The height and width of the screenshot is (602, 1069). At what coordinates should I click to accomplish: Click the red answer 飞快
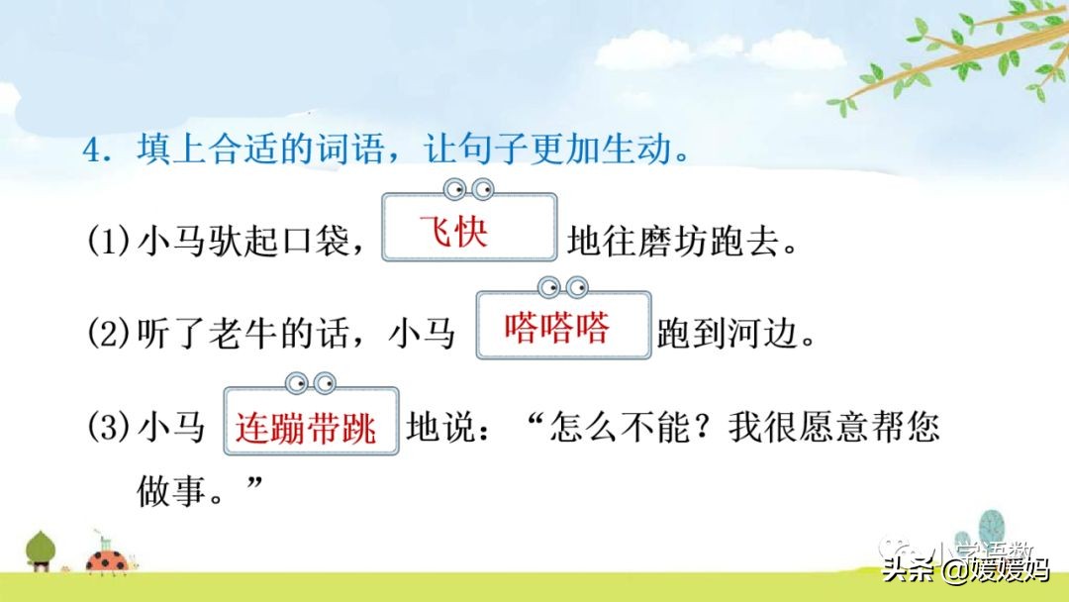coord(453,235)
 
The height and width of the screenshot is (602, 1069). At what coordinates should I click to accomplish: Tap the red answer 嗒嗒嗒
coord(556,329)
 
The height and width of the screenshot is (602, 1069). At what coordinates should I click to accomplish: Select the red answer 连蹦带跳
coord(306,429)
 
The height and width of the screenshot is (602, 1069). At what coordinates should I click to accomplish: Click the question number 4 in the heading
coord(94,153)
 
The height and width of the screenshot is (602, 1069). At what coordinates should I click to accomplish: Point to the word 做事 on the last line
coord(164,488)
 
